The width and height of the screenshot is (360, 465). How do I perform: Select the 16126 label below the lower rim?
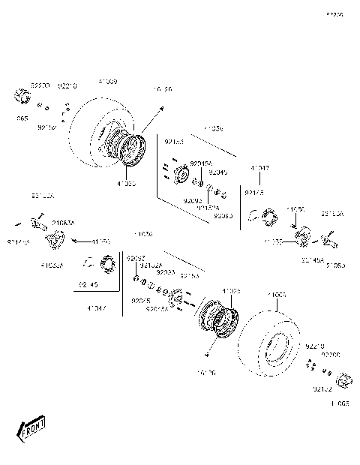204,371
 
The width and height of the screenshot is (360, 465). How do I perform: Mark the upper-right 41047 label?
260,169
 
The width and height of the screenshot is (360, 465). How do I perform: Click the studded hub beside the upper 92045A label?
181,176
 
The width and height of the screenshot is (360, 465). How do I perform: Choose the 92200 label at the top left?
39,85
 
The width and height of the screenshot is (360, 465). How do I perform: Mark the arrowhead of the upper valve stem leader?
161,109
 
